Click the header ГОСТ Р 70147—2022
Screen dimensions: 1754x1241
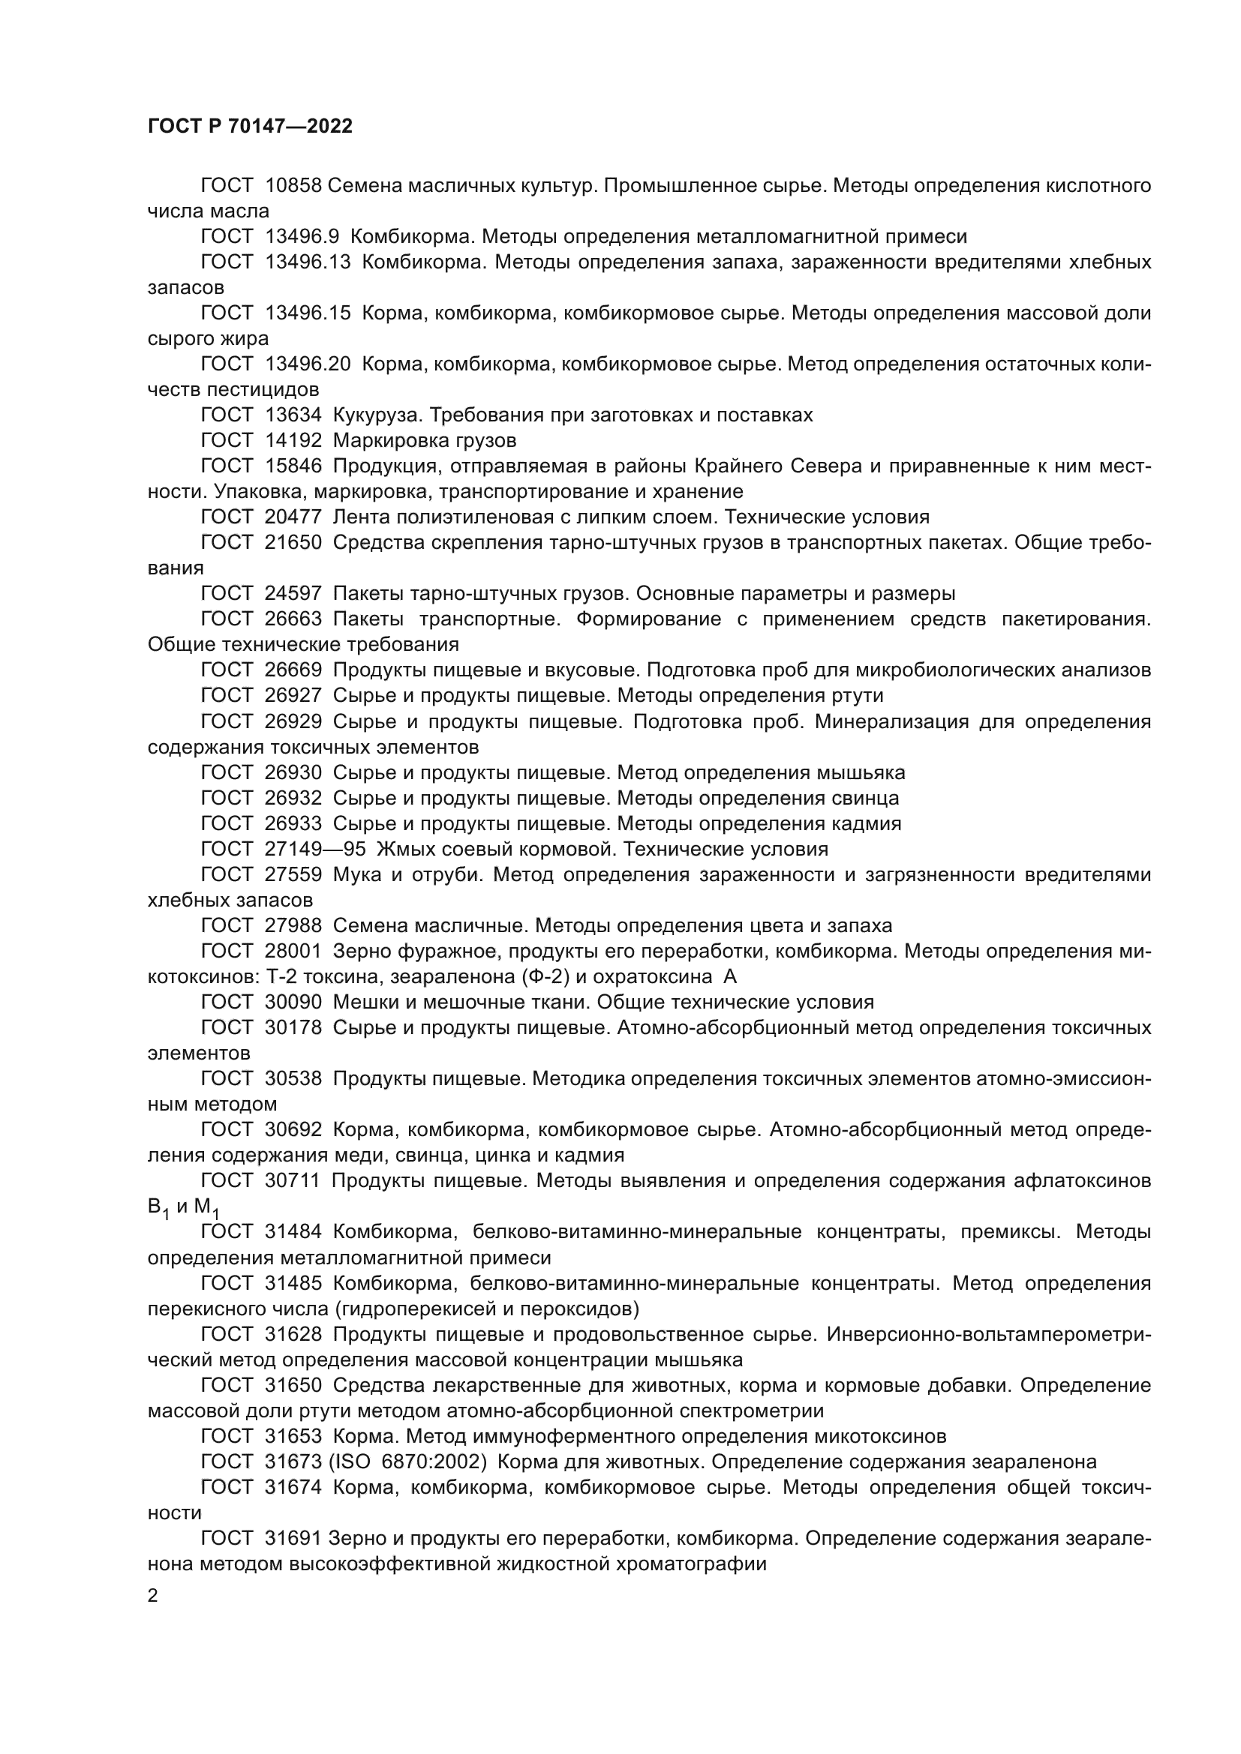(x=250, y=127)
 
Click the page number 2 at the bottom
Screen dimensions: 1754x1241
(x=153, y=1595)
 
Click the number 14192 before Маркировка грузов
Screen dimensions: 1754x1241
(x=293, y=441)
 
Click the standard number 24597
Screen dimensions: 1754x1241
(x=293, y=594)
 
